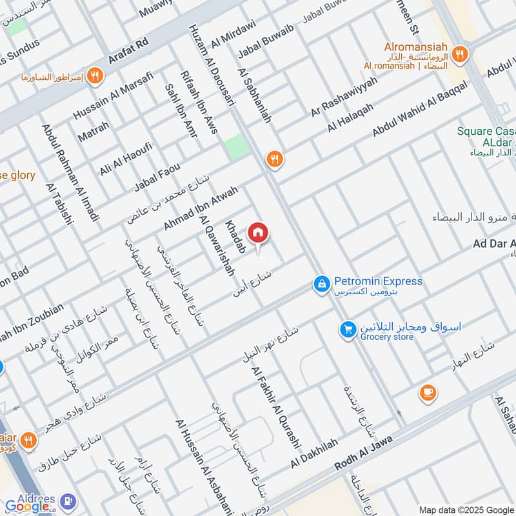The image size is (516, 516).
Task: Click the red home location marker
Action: (258, 233)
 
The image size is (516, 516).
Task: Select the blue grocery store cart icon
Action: (348, 330)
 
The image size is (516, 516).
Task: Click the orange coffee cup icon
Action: (427, 392)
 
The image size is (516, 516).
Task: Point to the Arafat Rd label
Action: (129, 50)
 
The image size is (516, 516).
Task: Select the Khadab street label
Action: (235, 236)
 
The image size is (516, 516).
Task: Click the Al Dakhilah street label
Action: (314, 453)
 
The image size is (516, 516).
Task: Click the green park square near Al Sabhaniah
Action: (237, 147)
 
